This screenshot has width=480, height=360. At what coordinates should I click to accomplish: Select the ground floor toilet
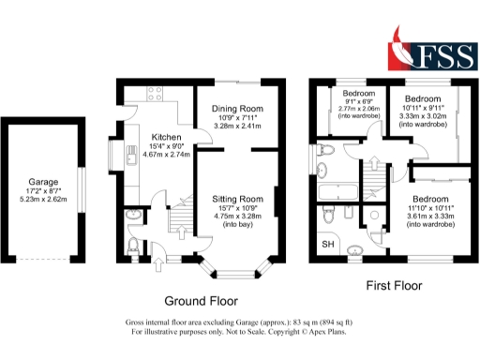(133, 247)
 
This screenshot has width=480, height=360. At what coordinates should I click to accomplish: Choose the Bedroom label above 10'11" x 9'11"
(424, 97)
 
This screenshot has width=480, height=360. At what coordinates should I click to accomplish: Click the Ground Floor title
(201, 301)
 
